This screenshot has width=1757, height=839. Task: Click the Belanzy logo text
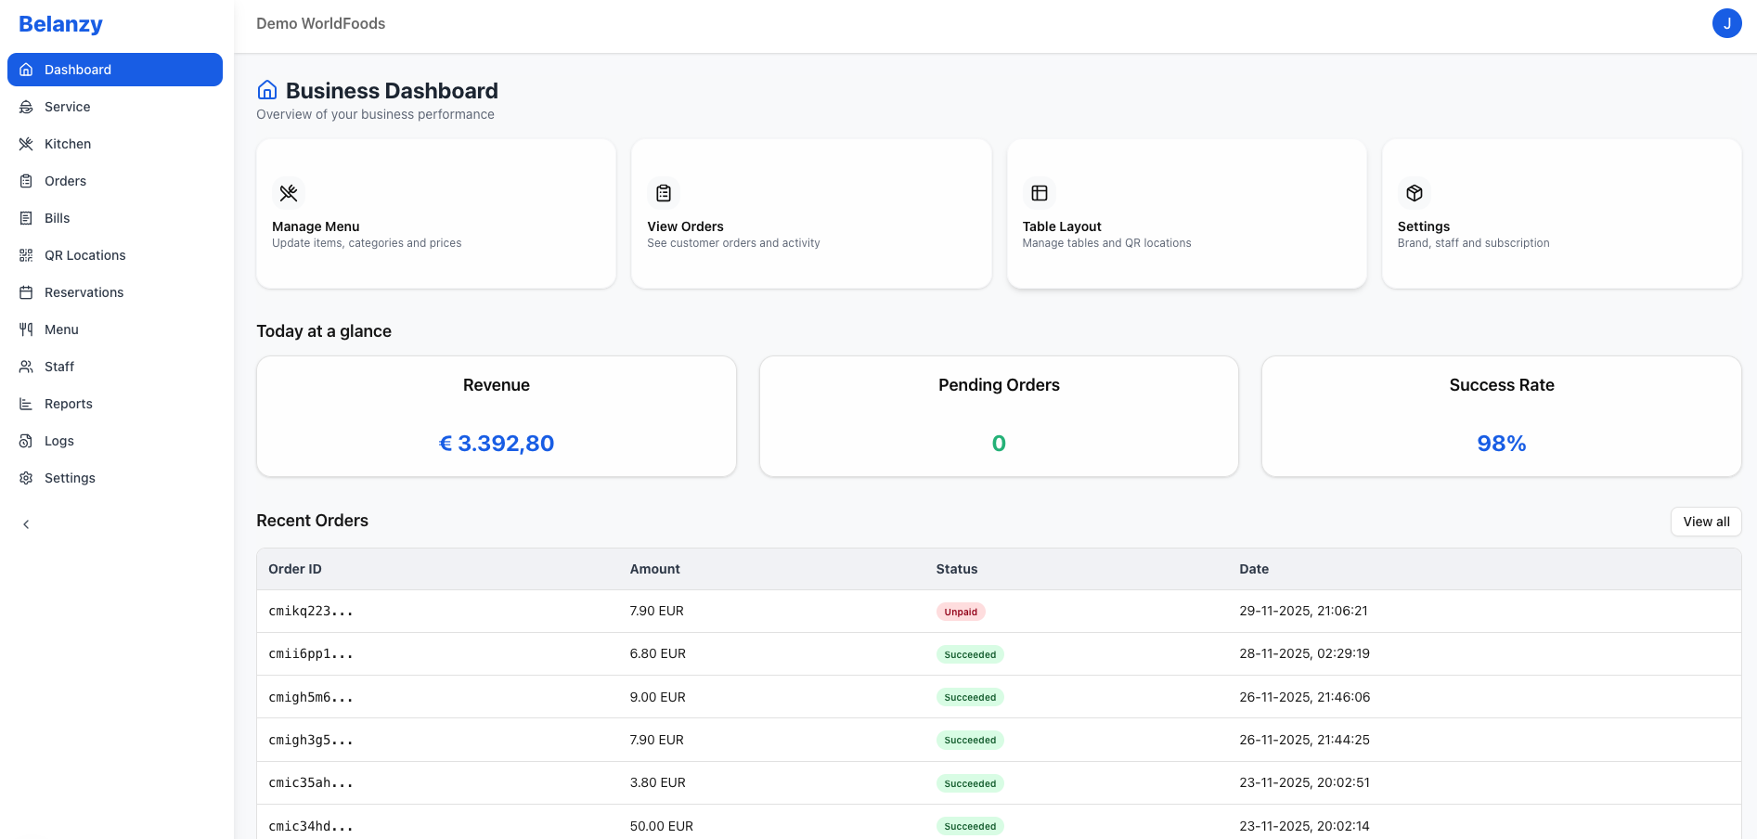[60, 24]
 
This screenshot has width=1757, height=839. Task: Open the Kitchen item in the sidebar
[68, 144]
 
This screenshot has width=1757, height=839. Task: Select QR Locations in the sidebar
[84, 255]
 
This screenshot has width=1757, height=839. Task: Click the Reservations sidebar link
[84, 292]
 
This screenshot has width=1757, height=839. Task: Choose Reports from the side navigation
[68, 404]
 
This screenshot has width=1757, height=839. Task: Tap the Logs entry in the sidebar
[58, 441]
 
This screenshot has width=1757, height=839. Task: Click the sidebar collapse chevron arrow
[26, 524]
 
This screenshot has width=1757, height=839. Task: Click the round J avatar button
[1726, 23]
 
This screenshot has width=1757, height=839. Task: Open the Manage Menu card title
[316, 226]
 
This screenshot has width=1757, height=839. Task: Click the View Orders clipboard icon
[664, 193]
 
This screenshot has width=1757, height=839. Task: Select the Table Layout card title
[1062, 226]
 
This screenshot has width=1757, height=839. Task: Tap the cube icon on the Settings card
[1414, 193]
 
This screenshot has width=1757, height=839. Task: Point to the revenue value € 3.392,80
[497, 444]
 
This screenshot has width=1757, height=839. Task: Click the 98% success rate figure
[1501, 444]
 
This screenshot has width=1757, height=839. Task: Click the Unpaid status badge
[961, 612]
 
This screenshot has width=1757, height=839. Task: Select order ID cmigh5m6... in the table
[310, 697]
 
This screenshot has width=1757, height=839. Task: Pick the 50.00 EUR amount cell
[661, 826]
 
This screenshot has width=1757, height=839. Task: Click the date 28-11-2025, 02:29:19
[1304, 653]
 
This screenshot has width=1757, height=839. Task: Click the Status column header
[956, 569]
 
